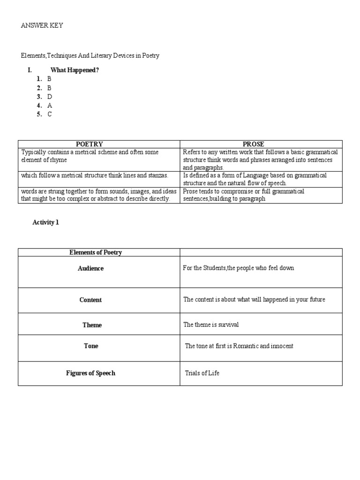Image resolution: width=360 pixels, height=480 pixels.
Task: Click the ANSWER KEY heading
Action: [x=42, y=26]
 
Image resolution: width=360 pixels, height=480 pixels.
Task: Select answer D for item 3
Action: [x=49, y=97]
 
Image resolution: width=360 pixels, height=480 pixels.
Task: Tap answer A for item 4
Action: [x=49, y=105]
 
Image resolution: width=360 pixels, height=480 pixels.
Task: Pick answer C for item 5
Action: [x=49, y=114]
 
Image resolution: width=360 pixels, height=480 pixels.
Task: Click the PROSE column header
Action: [x=254, y=144]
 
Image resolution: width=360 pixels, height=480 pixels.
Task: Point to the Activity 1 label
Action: [x=45, y=223]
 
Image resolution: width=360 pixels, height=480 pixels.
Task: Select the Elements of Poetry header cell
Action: [x=96, y=253]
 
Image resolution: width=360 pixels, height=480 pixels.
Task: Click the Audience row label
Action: [x=91, y=269]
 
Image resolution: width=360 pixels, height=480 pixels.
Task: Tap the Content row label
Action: [x=90, y=300]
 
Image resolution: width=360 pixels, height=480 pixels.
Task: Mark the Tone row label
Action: [x=91, y=346]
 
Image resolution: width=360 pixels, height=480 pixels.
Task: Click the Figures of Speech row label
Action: [x=90, y=373]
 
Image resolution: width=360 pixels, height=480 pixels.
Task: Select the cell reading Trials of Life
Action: [x=202, y=373]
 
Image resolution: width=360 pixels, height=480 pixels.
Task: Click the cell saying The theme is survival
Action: [x=208, y=325]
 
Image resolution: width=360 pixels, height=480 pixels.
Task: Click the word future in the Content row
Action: [x=315, y=300]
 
